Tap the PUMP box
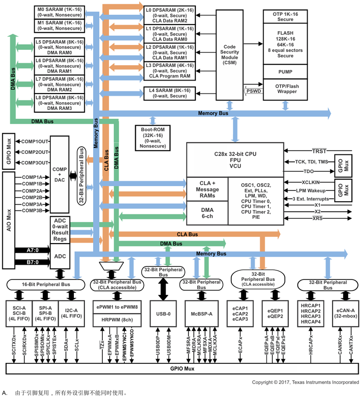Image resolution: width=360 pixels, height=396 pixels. [x=285, y=72]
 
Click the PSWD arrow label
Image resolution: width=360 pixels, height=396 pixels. [x=253, y=90]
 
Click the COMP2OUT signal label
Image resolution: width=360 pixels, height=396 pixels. [x=35, y=152]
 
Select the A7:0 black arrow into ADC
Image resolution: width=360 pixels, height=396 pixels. [x=32, y=250]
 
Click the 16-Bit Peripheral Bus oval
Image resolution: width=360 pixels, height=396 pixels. [x=46, y=285]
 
